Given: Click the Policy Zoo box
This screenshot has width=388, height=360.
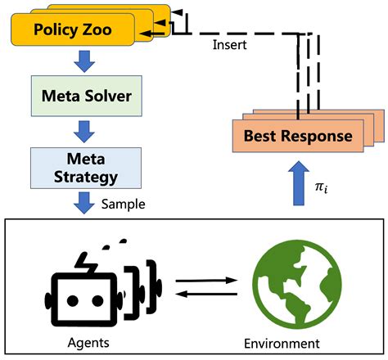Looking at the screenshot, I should pos(72,32).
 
